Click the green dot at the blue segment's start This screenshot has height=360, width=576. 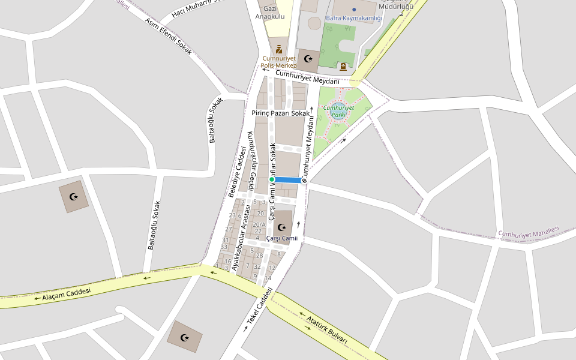click(x=272, y=179)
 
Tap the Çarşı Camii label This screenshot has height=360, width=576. click(x=281, y=238)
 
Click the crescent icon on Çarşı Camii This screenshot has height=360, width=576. click(x=282, y=227)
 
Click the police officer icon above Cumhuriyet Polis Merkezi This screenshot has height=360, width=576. click(x=278, y=49)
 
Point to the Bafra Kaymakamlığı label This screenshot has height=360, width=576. click(x=353, y=18)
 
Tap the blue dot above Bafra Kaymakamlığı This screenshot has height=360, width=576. click(x=354, y=10)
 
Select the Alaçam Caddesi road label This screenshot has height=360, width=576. click(x=66, y=293)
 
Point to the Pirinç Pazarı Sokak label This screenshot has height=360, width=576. click(x=281, y=113)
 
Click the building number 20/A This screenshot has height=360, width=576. click(x=260, y=224)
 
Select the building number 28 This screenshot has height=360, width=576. click(x=259, y=256)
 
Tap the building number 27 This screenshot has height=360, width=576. click(x=229, y=229)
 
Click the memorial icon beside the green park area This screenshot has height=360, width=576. click(x=343, y=66)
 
